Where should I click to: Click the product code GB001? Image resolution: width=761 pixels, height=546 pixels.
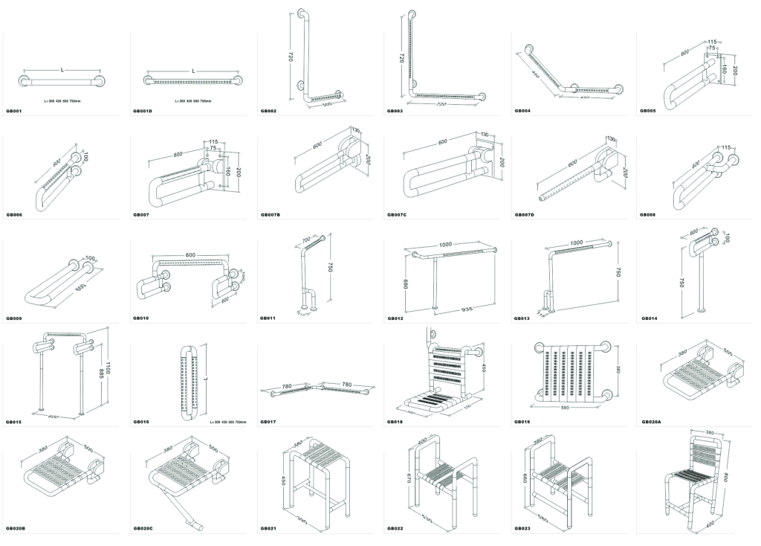13,111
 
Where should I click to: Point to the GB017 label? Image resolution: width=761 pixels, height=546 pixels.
268,422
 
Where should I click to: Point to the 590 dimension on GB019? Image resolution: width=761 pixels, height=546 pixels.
566,407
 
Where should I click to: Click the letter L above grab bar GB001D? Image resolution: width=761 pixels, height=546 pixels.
193,71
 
